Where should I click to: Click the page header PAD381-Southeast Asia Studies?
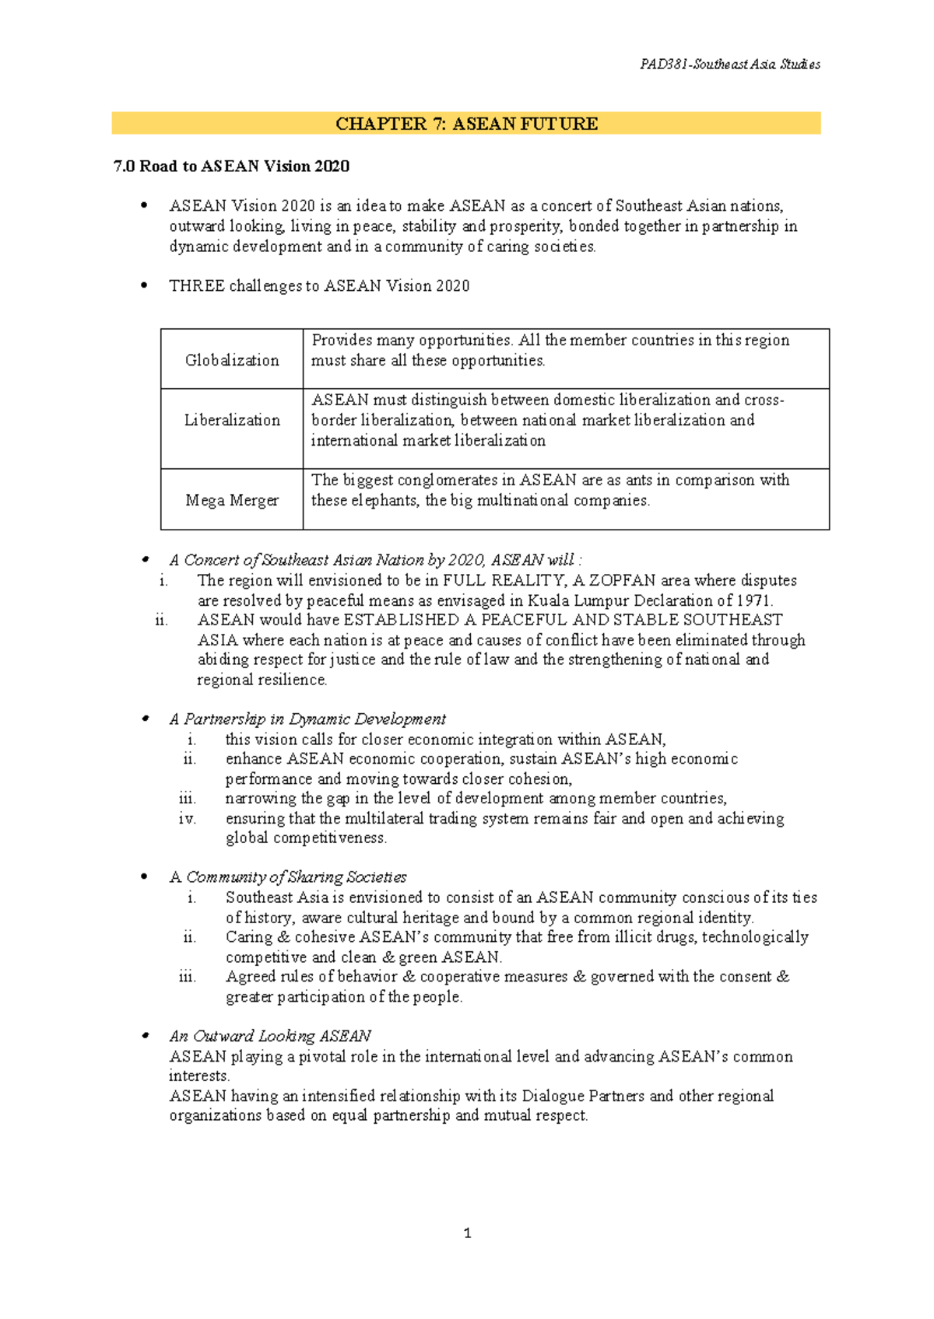point(729,65)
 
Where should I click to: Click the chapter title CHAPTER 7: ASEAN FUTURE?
point(466,124)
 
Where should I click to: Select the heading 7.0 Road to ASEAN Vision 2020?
point(231,166)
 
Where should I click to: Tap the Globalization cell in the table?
point(232,360)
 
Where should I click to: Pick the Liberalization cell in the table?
point(232,420)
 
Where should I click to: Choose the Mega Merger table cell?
point(232,500)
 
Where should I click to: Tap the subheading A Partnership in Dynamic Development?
point(307,719)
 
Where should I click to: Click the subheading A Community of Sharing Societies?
point(288,877)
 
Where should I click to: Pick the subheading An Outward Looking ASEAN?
point(270,1036)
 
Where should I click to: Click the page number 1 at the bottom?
point(467,1233)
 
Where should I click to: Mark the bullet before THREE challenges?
point(143,285)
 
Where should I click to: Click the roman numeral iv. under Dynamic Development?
point(187,818)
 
